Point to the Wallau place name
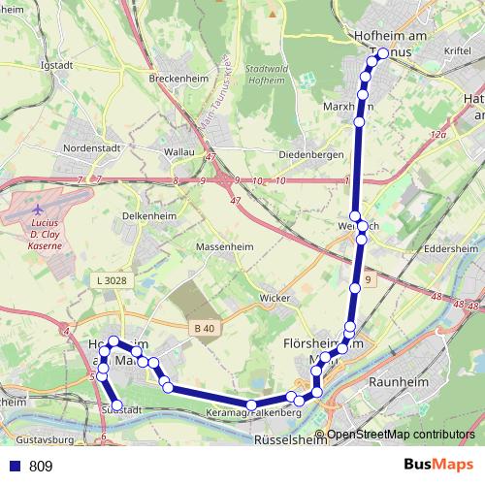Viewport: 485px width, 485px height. [x=179, y=152]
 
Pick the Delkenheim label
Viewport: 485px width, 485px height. [x=149, y=216]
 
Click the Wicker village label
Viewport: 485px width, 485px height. [x=275, y=298]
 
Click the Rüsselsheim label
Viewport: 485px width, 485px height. [x=290, y=439]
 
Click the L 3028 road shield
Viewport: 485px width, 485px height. [x=113, y=281]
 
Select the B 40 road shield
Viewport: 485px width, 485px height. [x=204, y=329]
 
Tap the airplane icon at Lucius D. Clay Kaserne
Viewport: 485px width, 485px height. [x=37, y=209]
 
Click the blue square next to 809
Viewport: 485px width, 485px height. [x=13, y=467]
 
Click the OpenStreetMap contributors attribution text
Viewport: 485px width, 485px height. [x=401, y=435]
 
